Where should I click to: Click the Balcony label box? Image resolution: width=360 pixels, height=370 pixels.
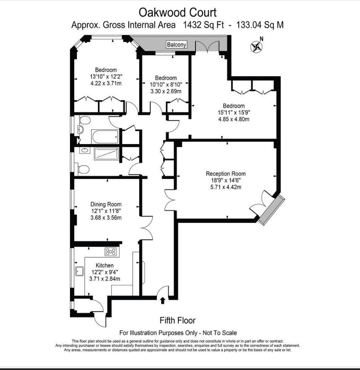tap(177, 44)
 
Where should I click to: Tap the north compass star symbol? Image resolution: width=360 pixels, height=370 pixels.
tap(256, 47)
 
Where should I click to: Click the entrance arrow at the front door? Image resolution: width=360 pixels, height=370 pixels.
tap(162, 300)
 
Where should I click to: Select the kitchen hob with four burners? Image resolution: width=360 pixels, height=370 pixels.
tap(111, 252)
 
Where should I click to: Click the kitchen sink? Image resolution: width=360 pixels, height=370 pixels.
tap(79, 272)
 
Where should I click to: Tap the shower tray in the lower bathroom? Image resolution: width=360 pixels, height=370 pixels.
tap(106, 154)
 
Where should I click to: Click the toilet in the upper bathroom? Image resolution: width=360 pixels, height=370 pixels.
tap(85, 121)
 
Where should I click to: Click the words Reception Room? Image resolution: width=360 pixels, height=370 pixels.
tap(226, 173)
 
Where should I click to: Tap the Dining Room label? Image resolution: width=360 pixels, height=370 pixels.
tap(106, 204)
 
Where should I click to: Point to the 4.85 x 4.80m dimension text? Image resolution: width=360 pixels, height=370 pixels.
tap(234, 119)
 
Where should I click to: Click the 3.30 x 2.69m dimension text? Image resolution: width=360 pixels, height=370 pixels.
tap(166, 91)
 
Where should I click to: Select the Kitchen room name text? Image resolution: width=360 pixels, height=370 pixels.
tap(104, 266)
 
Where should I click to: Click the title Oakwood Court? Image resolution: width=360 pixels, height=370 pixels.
tap(177, 13)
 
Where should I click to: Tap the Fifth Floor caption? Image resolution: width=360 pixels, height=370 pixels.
tap(177, 321)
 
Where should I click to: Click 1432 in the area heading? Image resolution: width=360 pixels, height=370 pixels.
tap(193, 25)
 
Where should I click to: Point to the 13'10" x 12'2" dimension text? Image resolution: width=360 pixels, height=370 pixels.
tap(106, 77)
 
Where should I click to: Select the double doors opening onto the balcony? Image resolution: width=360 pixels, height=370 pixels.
tap(207, 46)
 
